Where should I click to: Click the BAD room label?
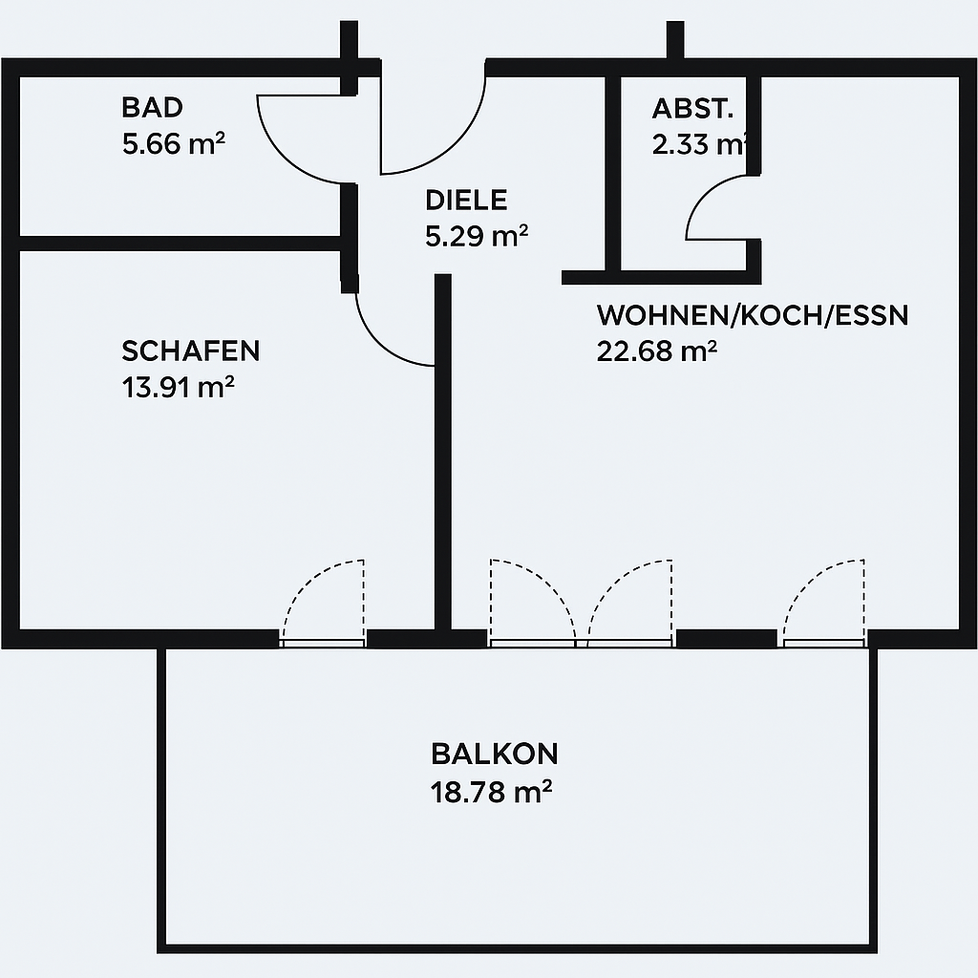point(152,107)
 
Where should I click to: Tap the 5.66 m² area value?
point(174,144)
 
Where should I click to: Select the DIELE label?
point(466,201)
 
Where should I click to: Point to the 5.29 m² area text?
point(477,237)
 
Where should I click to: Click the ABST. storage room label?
point(692,109)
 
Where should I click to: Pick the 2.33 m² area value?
point(699,145)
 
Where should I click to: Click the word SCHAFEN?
point(190,351)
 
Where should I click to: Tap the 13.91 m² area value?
point(178,388)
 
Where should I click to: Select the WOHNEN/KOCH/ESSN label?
point(753,315)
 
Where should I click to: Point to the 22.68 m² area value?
point(657,351)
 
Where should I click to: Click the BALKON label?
point(494,755)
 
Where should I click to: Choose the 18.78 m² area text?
point(492,792)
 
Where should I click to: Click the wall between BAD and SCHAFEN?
point(180,244)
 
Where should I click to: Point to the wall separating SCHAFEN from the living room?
point(442,452)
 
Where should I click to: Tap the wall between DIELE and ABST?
point(613,174)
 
